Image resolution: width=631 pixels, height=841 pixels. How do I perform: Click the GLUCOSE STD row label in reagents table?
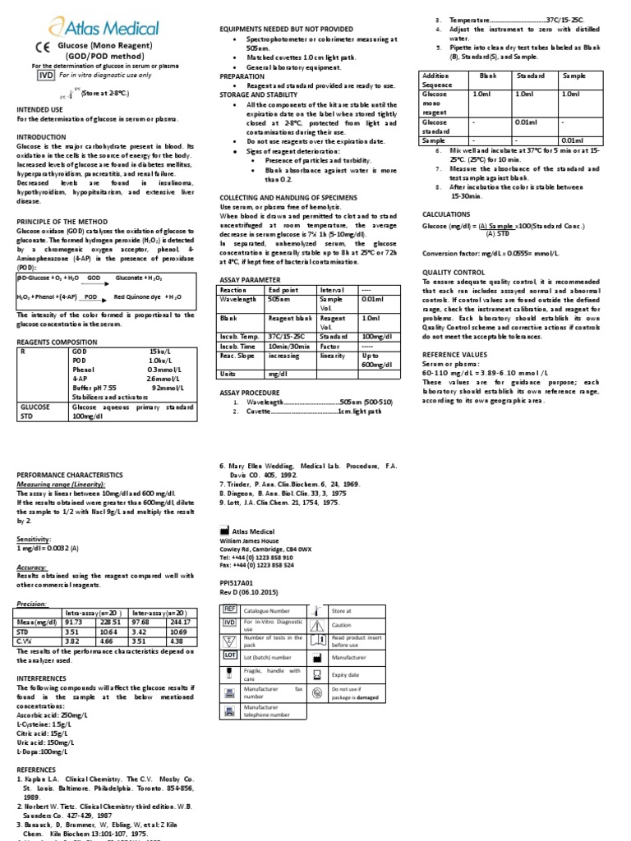[x=37, y=411]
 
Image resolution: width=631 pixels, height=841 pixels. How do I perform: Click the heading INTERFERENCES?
[x=48, y=678]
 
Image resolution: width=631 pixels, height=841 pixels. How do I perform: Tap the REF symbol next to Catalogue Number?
[x=230, y=611]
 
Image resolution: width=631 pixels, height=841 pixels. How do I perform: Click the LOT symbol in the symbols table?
[x=230, y=655]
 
